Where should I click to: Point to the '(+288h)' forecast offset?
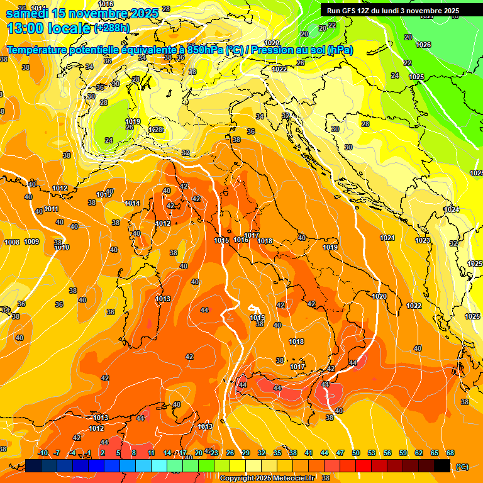coord(113,28)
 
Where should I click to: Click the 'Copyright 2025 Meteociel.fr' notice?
coord(267,479)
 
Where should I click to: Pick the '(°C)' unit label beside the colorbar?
coord(462,467)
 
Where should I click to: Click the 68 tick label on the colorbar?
coord(450,453)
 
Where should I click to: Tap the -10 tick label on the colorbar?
coord(43,453)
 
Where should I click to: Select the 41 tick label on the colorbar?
coord(309,453)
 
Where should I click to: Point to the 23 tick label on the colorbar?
coord(214,453)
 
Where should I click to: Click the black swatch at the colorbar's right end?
coord(442,465)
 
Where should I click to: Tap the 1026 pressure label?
coord(423,45)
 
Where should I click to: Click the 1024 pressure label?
coord(451,209)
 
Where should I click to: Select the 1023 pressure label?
coord(423,240)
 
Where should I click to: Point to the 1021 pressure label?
coord(387,238)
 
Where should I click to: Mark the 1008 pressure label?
coord(12,242)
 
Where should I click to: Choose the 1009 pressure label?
coord(31,241)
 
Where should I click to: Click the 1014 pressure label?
coord(132,203)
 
